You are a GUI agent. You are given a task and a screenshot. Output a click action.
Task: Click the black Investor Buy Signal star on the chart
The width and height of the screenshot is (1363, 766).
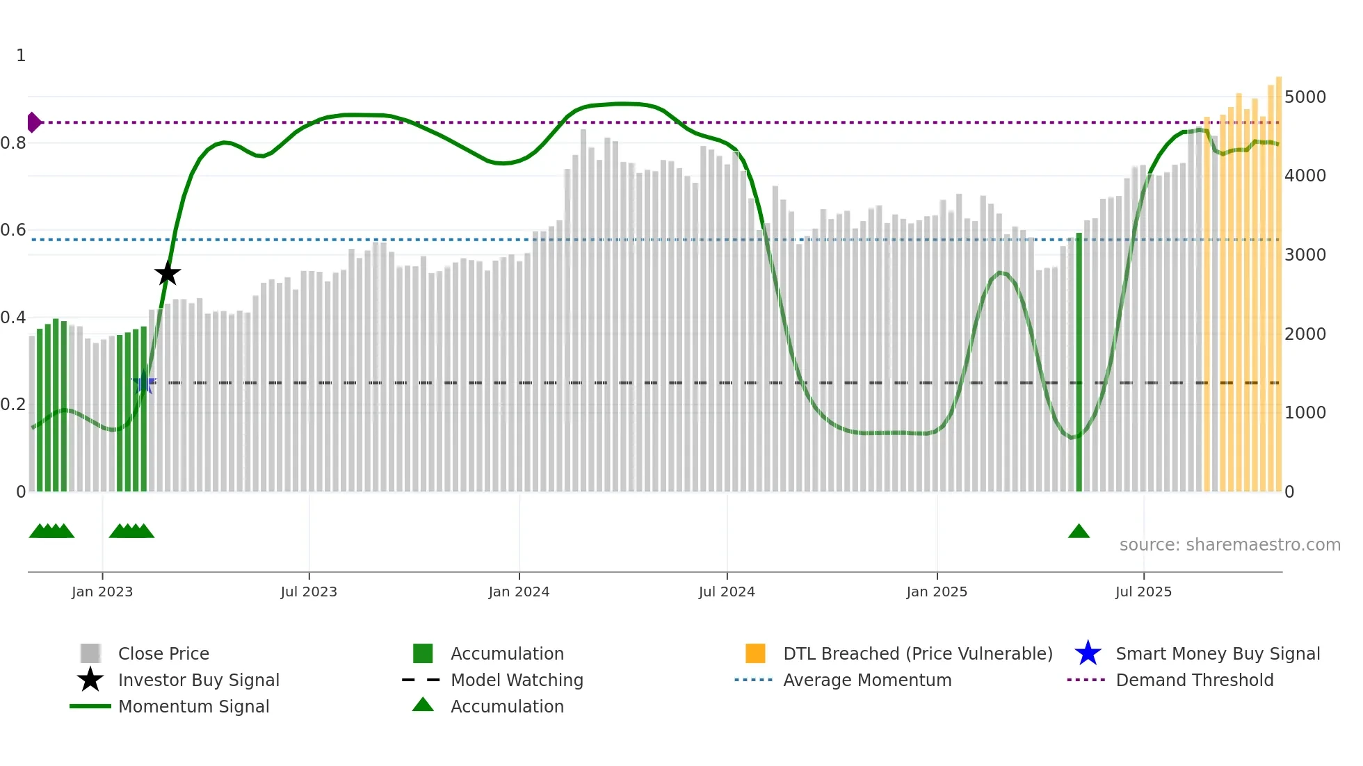pos(167,274)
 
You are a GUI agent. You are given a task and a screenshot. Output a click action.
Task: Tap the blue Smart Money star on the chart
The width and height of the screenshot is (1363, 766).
pos(144,382)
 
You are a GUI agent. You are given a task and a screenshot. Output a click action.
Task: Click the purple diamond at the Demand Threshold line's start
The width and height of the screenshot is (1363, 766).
pos(33,122)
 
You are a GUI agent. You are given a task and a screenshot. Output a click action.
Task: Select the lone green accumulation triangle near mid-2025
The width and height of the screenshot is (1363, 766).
pos(1079,532)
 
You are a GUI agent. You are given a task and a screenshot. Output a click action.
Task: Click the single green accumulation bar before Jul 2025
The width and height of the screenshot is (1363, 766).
pos(1079,361)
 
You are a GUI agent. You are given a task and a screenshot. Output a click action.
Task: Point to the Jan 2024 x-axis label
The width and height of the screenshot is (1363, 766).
pos(519,592)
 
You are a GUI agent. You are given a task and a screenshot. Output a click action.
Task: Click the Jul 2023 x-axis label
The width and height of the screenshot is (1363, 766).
pos(309,592)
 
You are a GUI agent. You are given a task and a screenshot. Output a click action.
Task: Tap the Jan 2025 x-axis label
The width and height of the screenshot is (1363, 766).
pos(937,592)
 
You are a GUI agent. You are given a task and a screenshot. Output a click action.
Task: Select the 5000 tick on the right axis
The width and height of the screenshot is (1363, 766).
pos(1305,97)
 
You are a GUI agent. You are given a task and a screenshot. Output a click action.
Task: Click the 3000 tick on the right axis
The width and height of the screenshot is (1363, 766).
pos(1305,255)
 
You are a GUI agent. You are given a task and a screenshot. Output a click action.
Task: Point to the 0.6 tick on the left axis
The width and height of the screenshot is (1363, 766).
pos(14,230)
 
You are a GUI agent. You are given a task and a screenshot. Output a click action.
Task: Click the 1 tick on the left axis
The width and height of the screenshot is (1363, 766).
pos(21,56)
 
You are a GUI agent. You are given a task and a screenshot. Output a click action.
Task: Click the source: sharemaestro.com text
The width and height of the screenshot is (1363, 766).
pos(1229,545)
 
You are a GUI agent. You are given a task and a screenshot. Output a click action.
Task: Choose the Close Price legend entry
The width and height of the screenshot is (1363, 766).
pos(163,653)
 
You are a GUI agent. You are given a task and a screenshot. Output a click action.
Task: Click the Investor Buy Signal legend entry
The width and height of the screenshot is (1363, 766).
pos(198,680)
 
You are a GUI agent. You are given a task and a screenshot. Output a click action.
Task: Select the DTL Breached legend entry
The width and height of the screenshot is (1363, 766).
pos(917,653)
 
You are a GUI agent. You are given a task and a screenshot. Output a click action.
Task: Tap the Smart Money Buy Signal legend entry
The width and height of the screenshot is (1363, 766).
pos(1217,653)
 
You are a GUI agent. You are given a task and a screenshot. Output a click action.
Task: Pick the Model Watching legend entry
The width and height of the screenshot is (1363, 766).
pos(517,680)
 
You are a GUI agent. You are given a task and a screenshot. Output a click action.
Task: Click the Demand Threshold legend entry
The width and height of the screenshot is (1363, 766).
pos(1194,680)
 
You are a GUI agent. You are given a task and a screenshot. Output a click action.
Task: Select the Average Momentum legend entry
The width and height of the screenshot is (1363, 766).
pos(867,680)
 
